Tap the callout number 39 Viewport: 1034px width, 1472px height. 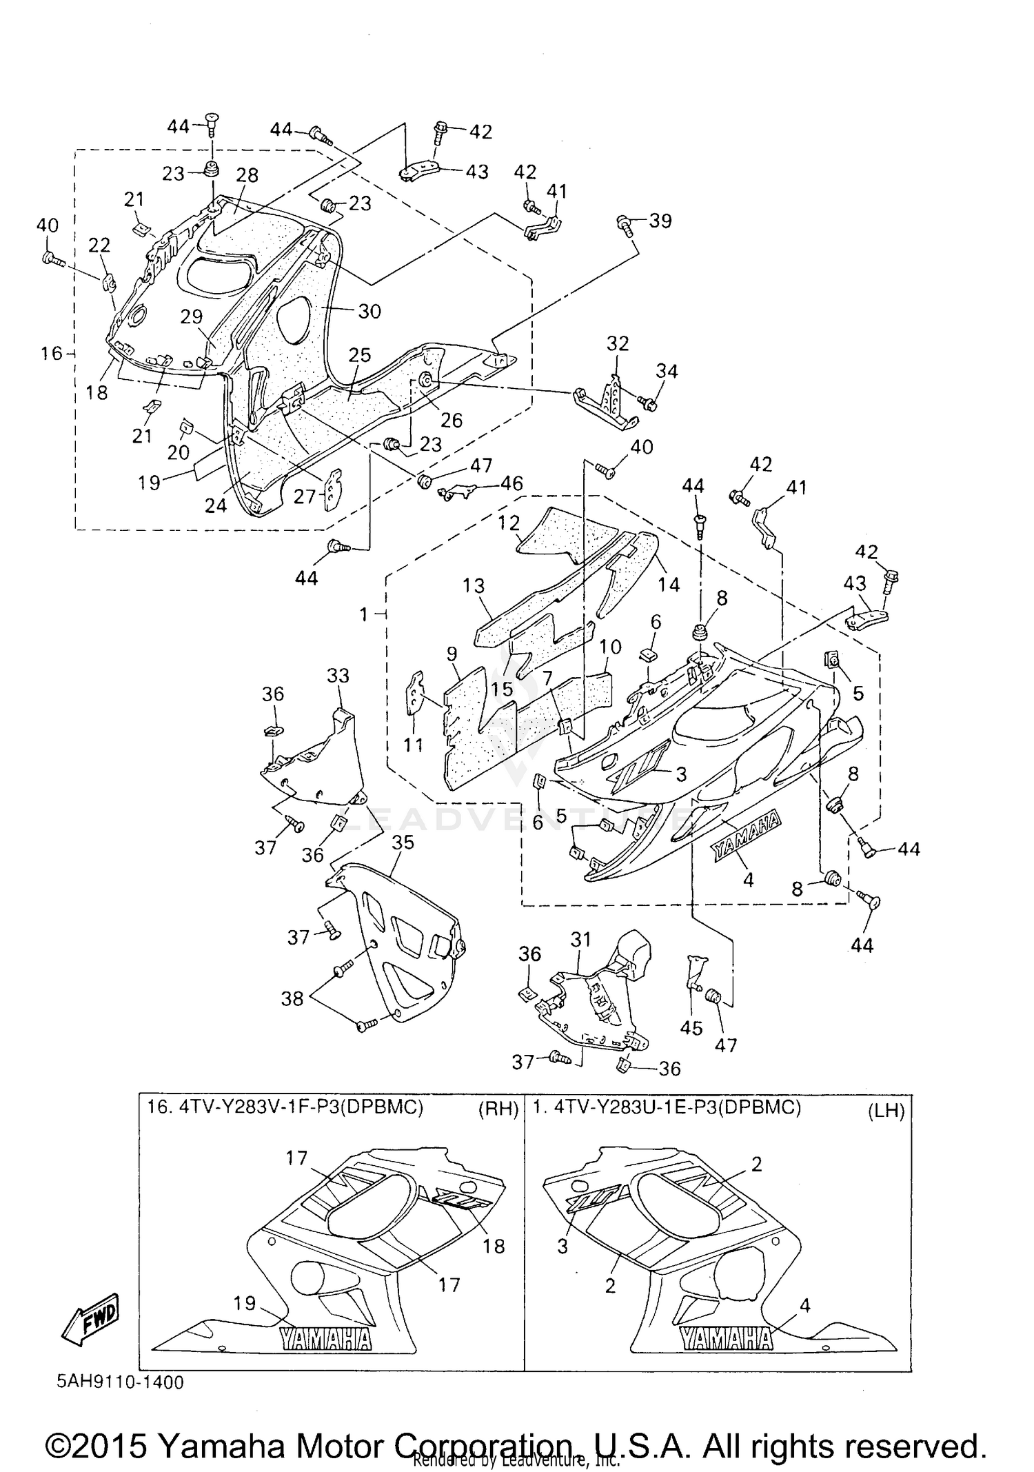coord(660,221)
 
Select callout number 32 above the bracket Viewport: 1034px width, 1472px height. coord(618,343)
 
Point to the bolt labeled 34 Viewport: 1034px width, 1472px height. coord(647,401)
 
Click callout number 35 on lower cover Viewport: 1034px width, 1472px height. coord(403,843)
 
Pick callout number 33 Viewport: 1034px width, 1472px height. coord(338,676)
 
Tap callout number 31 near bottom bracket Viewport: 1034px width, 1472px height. coord(581,939)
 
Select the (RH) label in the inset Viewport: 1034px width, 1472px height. coord(498,1109)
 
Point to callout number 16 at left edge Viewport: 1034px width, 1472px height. coord(51,354)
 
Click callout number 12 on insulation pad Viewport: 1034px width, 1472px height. coord(509,523)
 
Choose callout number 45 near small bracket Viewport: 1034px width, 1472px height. coord(691,1029)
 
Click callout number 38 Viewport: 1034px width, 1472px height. coord(292,998)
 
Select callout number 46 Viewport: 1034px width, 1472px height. coord(511,483)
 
